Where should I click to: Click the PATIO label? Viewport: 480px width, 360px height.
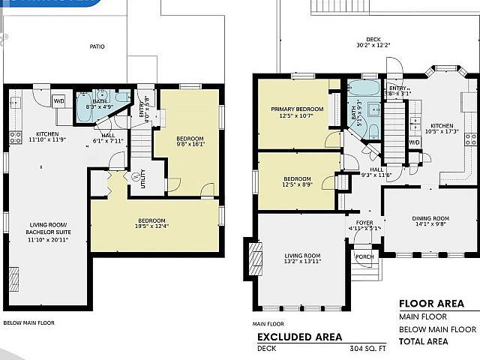(97, 46)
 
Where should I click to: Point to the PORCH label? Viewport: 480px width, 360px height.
(364, 256)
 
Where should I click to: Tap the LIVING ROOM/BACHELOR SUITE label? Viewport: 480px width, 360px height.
(50, 227)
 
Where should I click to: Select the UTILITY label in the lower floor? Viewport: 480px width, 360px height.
(142, 180)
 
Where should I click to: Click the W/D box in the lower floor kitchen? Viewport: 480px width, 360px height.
(58, 100)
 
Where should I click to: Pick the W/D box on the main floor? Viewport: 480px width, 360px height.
(414, 142)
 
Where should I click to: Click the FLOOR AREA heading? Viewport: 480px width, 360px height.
(430, 304)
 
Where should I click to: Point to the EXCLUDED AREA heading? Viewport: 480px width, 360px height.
(299, 337)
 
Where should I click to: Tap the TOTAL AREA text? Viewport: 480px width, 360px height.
(424, 341)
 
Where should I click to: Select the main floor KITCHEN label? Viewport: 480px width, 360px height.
(441, 128)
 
